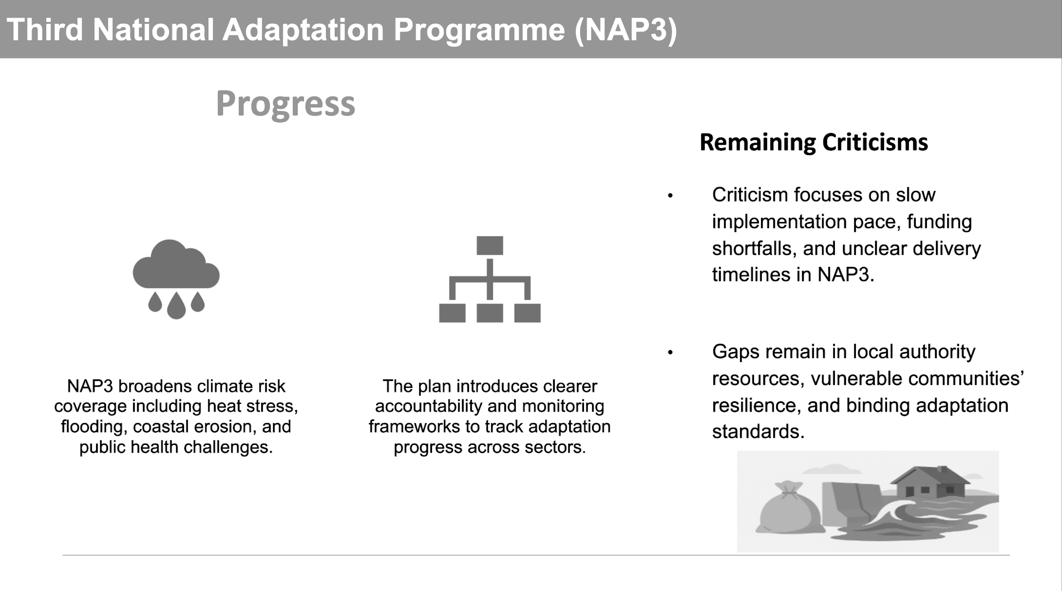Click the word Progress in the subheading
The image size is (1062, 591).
(285, 104)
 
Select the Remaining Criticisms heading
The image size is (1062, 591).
(814, 142)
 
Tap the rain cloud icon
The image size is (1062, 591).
(176, 279)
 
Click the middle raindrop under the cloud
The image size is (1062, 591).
(176, 305)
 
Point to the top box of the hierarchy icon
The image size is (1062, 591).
(490, 245)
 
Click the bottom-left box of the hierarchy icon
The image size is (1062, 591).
(452, 313)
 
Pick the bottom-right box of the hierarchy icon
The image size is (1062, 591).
(527, 313)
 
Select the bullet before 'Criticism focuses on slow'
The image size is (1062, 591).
(670, 196)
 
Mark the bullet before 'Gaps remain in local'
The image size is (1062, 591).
(670, 353)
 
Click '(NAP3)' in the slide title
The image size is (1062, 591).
(626, 30)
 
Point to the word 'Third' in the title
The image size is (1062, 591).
(44, 30)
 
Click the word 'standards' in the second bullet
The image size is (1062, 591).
(758, 432)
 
